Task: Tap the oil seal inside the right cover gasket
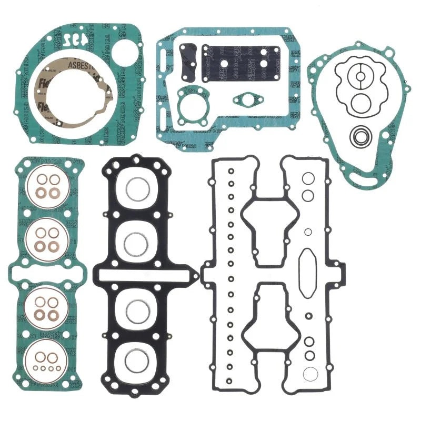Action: point(360,137)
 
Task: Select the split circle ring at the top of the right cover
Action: point(360,76)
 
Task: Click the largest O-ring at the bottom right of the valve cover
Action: point(310,375)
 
